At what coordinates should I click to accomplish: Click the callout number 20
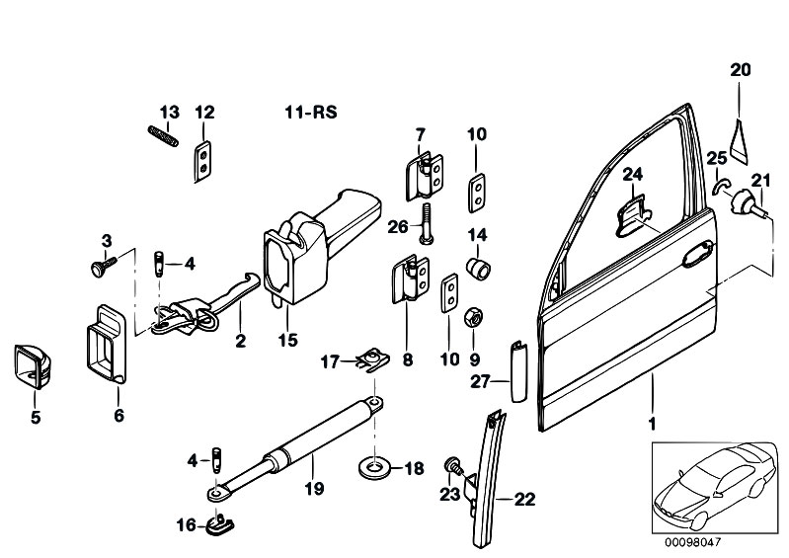pos(741,70)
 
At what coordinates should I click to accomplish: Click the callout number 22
pos(524,499)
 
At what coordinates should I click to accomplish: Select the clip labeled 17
pos(372,359)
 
